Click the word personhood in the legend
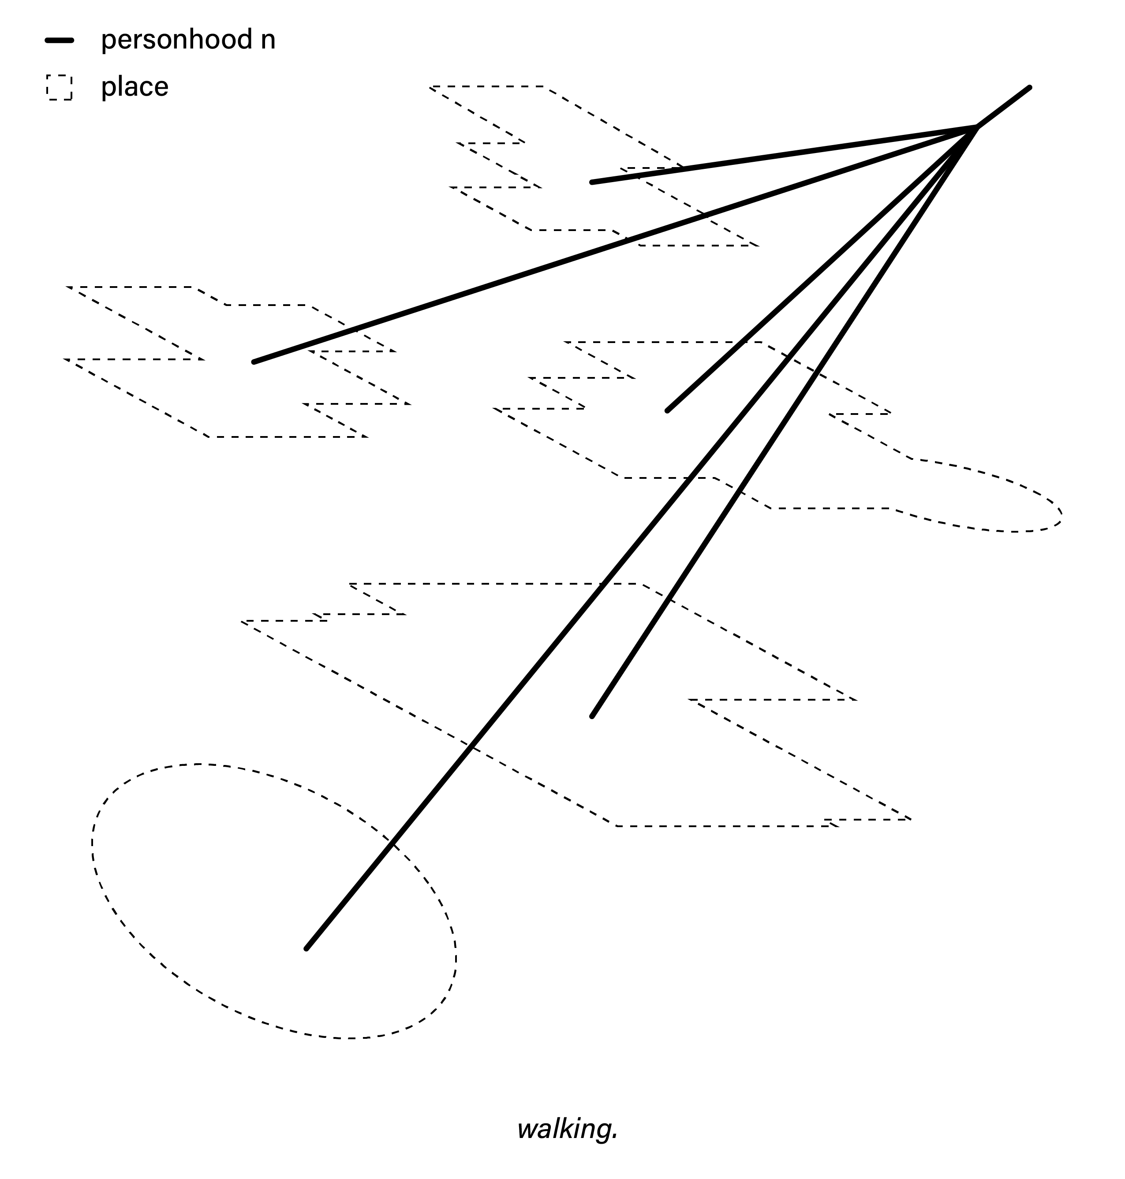click(177, 40)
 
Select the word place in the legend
click(135, 86)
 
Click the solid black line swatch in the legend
click(60, 41)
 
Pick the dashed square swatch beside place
click(60, 88)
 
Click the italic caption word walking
click(564, 1129)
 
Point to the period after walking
click(615, 1136)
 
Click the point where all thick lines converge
click(977, 127)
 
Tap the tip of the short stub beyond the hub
click(1029, 88)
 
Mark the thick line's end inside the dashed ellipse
click(306, 949)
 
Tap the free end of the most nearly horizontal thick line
click(592, 182)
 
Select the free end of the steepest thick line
click(592, 716)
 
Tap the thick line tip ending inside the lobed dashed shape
click(667, 411)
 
